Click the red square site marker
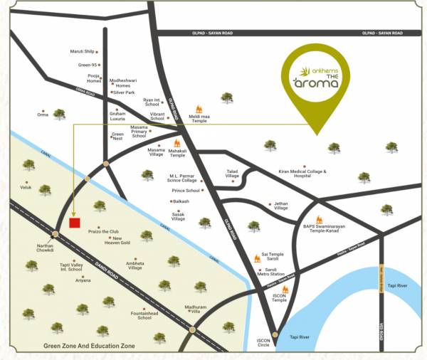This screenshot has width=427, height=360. click(x=74, y=223)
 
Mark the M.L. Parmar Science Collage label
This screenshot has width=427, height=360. click(x=185, y=178)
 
